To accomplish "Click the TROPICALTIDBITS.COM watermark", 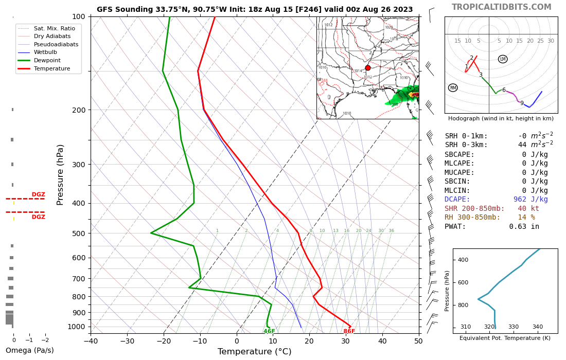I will [501, 7].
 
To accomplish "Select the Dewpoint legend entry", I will [47, 60].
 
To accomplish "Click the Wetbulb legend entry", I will [45, 52].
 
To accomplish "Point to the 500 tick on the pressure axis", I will [78, 233].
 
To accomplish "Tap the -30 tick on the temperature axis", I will [127, 341].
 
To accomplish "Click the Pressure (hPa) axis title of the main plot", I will [60, 175].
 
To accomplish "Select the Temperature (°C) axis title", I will [254, 352].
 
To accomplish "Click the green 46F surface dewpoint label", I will [269, 332].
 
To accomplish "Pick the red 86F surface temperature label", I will [349, 332].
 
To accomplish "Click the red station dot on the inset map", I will [368, 68].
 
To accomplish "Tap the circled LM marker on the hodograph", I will [503, 59].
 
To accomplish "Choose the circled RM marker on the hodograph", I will [453, 88].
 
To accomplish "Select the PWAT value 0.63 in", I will [524, 227].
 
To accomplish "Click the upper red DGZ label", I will [39, 195].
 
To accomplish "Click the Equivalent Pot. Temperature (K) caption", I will [505, 338].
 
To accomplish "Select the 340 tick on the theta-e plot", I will [537, 327].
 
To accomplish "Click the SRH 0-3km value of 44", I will [522, 145].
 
